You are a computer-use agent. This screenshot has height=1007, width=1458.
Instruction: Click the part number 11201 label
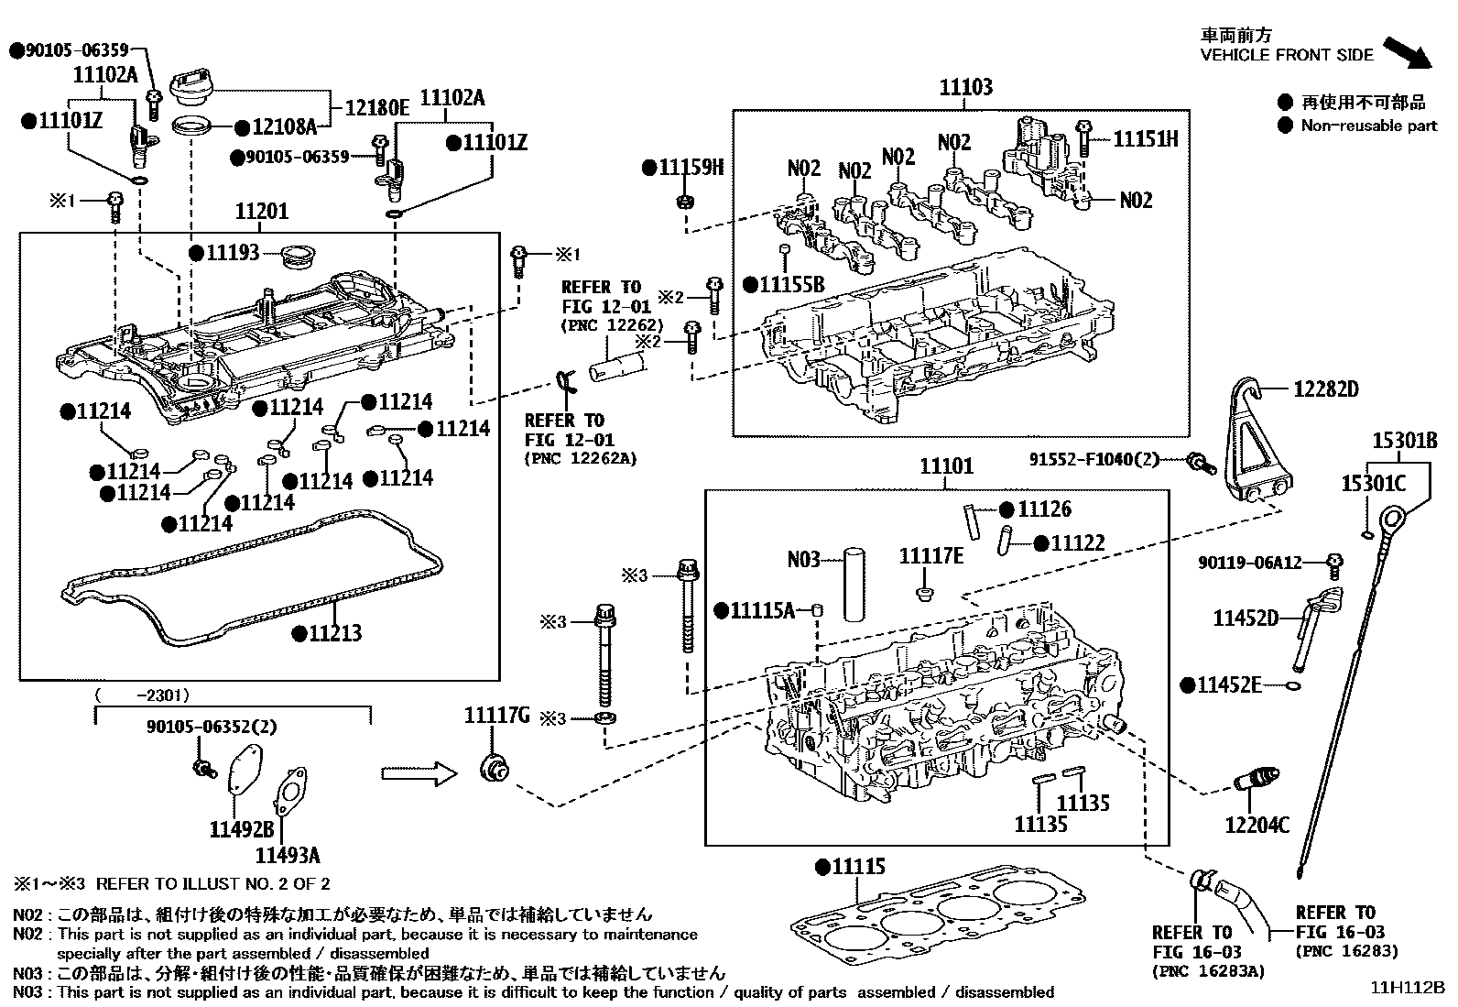coord(262,212)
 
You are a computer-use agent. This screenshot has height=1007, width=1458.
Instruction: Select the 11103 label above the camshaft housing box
coord(965,88)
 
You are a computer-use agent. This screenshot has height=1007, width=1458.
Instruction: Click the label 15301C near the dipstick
coord(1373,483)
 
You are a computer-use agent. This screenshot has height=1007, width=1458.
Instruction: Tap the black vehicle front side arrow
coord(1406,52)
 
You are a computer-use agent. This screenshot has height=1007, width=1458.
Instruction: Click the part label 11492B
coord(242,830)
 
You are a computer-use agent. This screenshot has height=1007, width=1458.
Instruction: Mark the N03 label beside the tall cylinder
coord(803,559)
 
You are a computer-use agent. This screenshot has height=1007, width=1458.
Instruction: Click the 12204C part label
coord(1257,826)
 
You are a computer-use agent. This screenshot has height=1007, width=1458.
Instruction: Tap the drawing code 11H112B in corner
coord(1407,988)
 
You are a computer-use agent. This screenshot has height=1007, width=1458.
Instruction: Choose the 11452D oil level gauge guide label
coord(1245,618)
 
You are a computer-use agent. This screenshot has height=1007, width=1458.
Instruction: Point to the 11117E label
coord(930,556)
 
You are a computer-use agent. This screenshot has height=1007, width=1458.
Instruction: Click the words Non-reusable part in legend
coord(1368,126)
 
